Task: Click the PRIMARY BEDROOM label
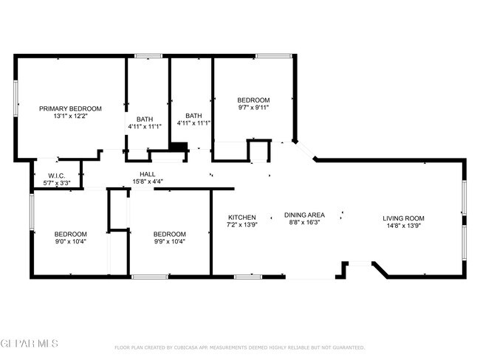tap(70, 108)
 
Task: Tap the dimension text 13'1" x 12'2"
tap(70, 117)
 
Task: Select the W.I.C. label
tap(57, 176)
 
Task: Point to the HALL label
tap(148, 174)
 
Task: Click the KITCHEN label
tap(242, 218)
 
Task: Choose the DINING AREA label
tap(304, 215)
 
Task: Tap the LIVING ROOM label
tap(403, 218)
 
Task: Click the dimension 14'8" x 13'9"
tap(403, 226)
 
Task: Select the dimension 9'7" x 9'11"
tap(253, 108)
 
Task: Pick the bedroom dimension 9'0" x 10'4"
tap(71, 242)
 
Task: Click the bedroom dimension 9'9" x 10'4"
tap(170, 242)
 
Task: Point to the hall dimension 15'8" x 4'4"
tap(148, 181)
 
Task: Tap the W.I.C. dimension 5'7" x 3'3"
tap(57, 183)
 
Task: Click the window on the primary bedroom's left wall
tap(16, 98)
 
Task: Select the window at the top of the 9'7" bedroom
tap(274, 56)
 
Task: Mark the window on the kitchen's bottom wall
tap(248, 277)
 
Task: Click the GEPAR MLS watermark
tap(29, 343)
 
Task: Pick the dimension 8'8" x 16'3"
tap(304, 223)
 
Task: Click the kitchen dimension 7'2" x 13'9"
tap(242, 225)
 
